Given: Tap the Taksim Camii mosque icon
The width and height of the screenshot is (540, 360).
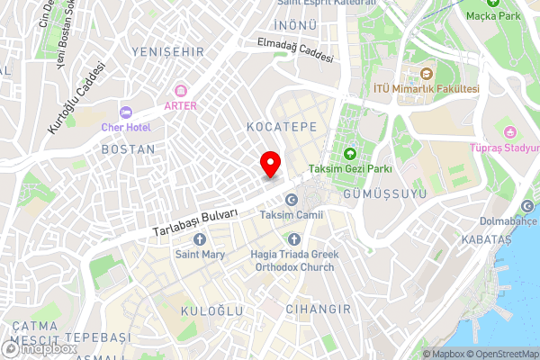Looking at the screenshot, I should [x=290, y=200].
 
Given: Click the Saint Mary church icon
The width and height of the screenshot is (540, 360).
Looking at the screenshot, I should [x=199, y=239].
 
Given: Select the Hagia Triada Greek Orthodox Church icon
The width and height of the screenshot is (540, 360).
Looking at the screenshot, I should [x=294, y=238].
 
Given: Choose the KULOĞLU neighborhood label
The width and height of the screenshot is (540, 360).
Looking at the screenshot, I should [x=210, y=310].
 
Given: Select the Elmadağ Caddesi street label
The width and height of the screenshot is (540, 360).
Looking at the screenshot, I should [x=295, y=49].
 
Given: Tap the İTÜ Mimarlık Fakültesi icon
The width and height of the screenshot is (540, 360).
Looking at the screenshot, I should [x=427, y=73].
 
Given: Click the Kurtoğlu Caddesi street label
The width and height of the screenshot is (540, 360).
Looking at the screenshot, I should [x=71, y=100].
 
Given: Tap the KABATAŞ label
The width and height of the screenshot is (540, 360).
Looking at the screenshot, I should [x=484, y=240].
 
